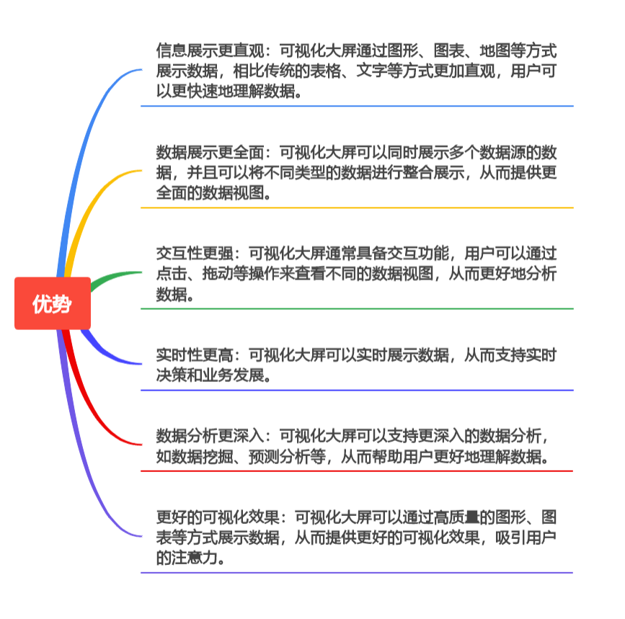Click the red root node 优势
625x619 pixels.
(52, 303)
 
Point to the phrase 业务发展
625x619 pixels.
(232, 375)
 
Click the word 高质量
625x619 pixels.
(448, 517)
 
